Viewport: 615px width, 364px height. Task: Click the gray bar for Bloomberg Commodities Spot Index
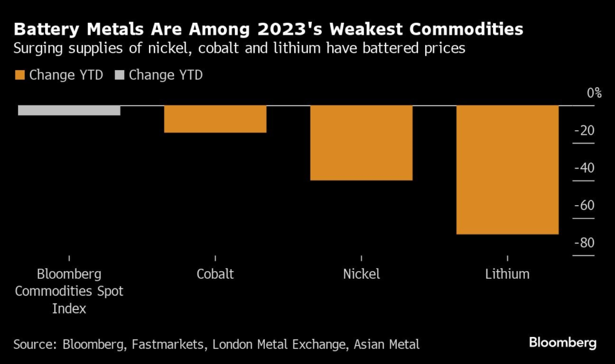[69, 110]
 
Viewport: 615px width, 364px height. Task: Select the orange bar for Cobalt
[215, 119]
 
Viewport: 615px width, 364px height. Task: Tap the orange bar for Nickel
[362, 143]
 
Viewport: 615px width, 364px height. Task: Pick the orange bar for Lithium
[507, 170]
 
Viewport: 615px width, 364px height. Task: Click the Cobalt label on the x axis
[215, 274]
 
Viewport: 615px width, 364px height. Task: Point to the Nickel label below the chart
[362, 274]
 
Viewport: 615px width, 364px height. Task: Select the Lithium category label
[507, 274]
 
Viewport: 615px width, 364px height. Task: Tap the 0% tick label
[593, 93]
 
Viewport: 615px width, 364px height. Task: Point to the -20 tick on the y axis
[584, 131]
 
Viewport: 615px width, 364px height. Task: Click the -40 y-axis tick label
[584, 168]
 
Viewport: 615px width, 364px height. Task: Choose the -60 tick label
[584, 205]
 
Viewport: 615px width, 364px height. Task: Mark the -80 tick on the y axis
[584, 243]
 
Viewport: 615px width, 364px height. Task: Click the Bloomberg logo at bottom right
[563, 343]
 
